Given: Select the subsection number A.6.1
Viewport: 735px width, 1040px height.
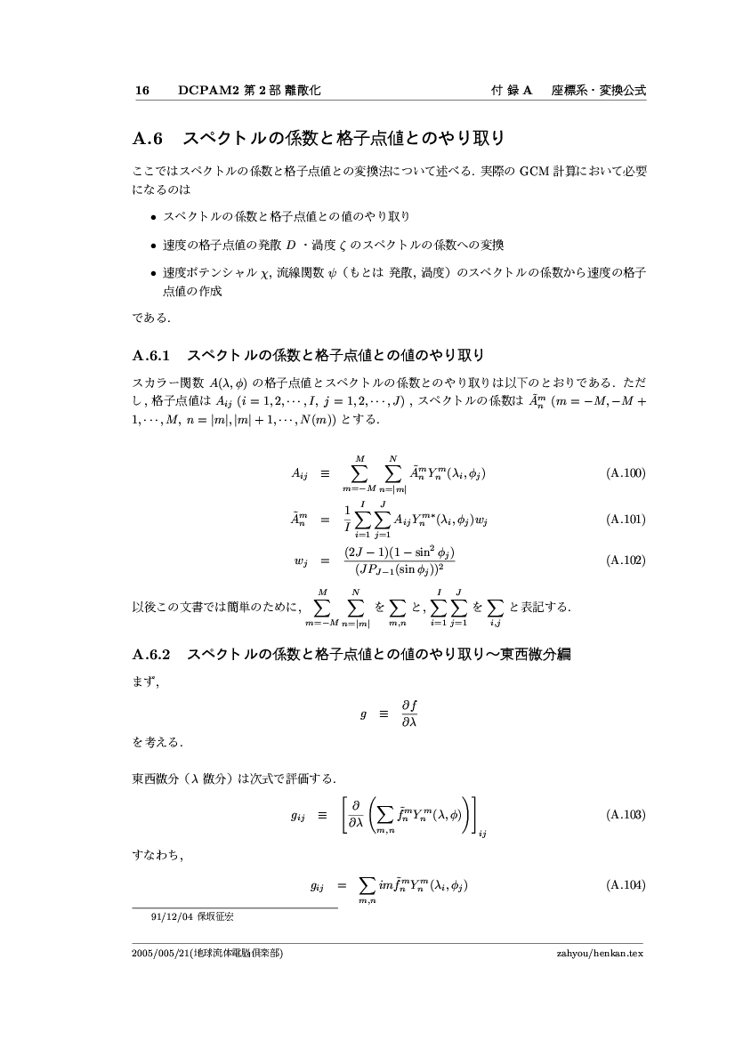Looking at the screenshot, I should pyautogui.click(x=150, y=357).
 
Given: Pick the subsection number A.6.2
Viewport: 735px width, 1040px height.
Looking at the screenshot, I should pyautogui.click(x=150, y=656).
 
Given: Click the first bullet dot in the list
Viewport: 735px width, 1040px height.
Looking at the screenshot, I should pyautogui.click(x=153, y=217).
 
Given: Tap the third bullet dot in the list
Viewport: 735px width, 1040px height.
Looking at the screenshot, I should pyautogui.click(x=153, y=275).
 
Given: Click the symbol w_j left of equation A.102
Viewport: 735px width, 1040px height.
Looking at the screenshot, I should pyautogui.click(x=299, y=561).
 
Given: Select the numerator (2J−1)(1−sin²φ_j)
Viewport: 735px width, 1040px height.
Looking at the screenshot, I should pyautogui.click(x=400, y=552).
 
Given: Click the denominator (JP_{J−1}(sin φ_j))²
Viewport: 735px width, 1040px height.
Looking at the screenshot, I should pyautogui.click(x=400, y=570).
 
